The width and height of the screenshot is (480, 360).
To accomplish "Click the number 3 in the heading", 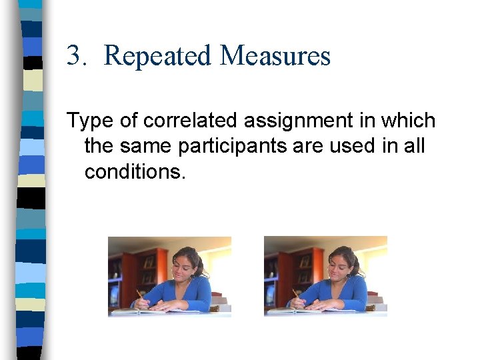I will click(x=74, y=56).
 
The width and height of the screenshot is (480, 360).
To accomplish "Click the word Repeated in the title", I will click(x=158, y=56).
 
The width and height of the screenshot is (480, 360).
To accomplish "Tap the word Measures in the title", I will click(x=275, y=56).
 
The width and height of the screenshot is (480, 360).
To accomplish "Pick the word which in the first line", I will click(x=411, y=121).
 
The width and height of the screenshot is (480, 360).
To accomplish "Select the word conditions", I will click(x=133, y=172).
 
